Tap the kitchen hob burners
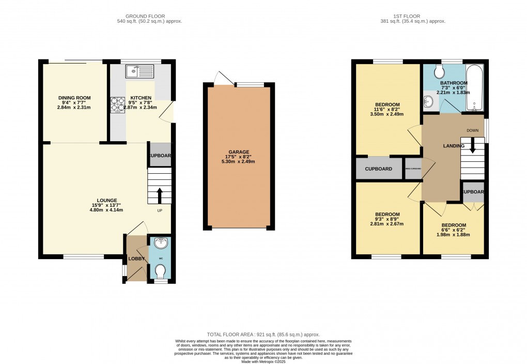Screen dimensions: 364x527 [115, 105]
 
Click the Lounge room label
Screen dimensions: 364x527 [107, 200]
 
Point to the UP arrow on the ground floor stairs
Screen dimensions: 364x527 [159, 195]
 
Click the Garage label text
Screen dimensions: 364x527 [238, 152]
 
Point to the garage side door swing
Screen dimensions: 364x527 [223, 78]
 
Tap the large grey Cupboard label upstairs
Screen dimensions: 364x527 [379, 169]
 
